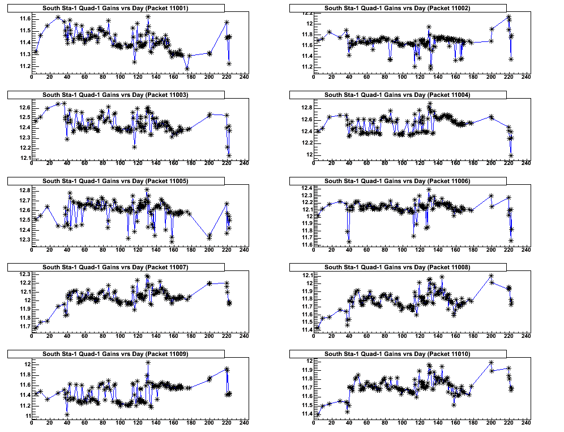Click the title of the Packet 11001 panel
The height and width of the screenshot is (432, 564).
coord(116,8)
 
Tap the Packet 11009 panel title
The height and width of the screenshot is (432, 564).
coord(116,354)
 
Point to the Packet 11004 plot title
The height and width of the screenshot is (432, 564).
coord(398,95)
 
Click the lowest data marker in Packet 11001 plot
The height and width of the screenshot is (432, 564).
coord(187,69)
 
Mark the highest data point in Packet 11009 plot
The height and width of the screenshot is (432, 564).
coord(148,362)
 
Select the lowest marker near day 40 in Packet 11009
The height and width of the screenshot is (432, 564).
coord(67,414)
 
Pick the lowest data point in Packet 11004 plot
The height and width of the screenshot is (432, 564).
coord(511,155)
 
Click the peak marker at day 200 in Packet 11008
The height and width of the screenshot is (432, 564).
coord(491,276)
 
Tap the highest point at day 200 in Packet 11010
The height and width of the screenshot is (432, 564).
coord(491,363)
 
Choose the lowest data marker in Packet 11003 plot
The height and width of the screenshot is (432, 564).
coord(229,155)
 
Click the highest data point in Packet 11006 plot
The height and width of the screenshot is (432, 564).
coord(429,190)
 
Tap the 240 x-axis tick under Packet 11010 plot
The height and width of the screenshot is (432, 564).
coord(526,423)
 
